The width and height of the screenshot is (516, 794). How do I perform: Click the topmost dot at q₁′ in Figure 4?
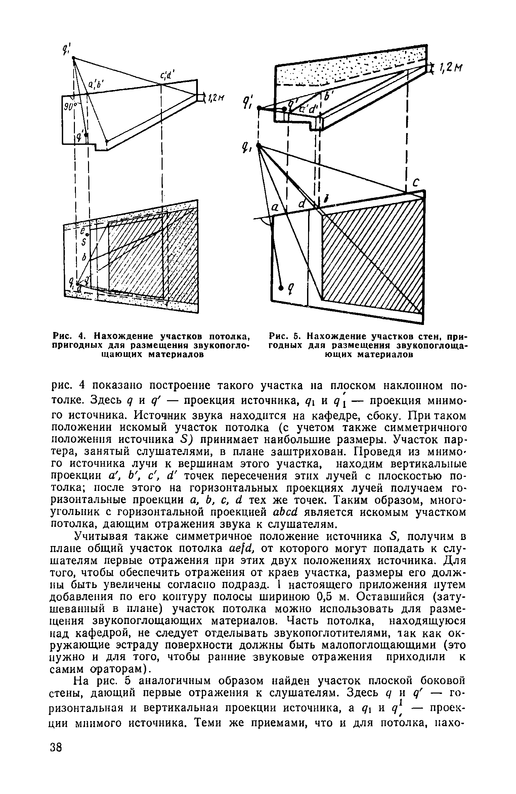[x=73, y=58]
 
